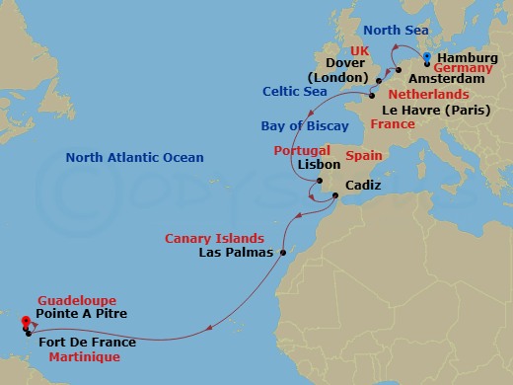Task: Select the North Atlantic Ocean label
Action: coord(134,158)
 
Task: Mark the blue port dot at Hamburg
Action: coord(426,56)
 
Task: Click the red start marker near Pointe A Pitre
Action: coord(25,319)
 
